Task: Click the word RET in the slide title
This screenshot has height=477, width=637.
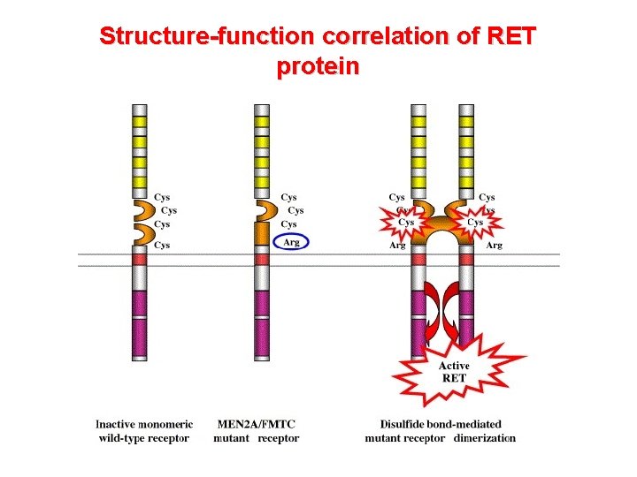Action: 512,37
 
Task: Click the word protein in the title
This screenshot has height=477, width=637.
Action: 318,67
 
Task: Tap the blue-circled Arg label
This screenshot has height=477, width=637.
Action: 290,241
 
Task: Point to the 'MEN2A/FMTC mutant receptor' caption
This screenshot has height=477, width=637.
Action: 257,431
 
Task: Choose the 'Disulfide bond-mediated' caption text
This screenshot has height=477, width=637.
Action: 441,425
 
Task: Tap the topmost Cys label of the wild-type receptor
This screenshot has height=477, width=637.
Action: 162,197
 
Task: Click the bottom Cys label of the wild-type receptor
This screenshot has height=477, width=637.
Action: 162,245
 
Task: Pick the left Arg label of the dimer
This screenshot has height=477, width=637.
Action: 397,245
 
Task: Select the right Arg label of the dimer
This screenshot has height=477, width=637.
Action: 494,245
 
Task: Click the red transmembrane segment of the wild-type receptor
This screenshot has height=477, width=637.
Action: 139,258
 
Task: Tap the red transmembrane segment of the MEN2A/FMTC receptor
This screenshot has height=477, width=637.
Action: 261,258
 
